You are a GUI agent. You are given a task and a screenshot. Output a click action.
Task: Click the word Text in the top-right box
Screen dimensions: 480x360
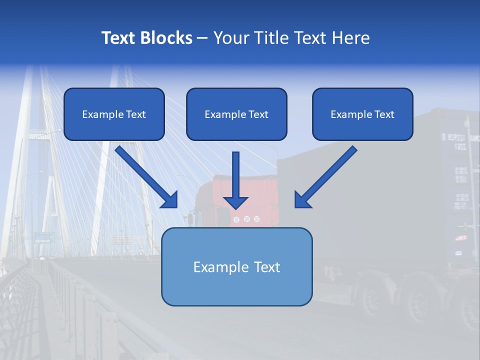[384, 114]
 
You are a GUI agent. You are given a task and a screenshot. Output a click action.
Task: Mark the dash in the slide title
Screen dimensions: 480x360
[202, 38]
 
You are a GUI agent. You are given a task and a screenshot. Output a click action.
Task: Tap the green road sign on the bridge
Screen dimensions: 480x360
[44, 238]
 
